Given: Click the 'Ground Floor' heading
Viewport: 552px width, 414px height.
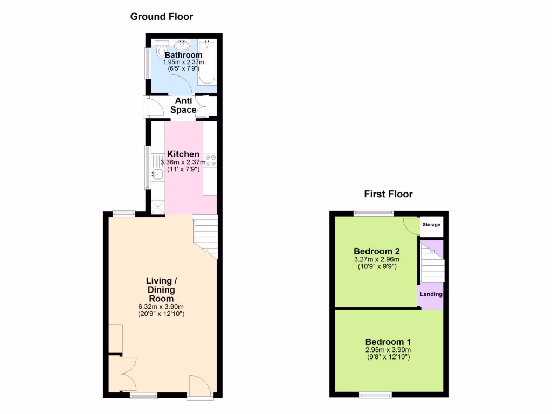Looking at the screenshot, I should [x=162, y=17].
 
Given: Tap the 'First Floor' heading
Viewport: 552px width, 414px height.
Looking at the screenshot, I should [x=388, y=194].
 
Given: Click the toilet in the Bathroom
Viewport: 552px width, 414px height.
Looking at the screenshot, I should [x=162, y=51].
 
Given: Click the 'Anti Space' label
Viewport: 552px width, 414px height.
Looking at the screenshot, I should [x=183, y=105].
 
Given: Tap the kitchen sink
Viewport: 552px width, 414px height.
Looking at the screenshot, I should [x=157, y=174].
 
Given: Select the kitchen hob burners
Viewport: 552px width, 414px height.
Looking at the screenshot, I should [x=210, y=161].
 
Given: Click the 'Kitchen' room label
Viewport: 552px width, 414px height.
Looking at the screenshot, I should [x=183, y=155].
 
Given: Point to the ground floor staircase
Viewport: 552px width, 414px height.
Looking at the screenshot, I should [x=205, y=234].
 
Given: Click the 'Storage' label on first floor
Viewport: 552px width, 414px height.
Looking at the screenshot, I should [x=431, y=225].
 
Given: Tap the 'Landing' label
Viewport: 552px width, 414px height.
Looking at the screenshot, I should [x=431, y=294].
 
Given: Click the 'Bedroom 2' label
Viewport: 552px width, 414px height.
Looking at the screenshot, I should [x=377, y=251].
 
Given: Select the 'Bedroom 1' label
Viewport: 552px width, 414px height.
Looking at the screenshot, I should [x=388, y=342].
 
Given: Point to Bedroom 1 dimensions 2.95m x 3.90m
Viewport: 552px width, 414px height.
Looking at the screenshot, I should [x=388, y=350].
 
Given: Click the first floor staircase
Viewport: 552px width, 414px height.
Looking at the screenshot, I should [x=431, y=264].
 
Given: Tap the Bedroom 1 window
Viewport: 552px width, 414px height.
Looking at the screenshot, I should [x=376, y=396].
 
